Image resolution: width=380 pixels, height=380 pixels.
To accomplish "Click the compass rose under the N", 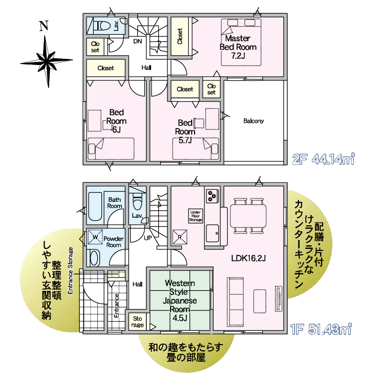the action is (47, 61).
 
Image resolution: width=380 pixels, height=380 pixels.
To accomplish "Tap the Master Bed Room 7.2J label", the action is (238, 47).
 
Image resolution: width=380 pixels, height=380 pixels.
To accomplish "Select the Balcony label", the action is (254, 121).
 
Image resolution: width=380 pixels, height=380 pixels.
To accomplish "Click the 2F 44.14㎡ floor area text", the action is (324, 159).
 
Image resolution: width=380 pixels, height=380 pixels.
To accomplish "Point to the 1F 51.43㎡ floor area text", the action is (321, 329).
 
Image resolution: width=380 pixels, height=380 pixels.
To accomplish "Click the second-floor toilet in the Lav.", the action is (102, 25).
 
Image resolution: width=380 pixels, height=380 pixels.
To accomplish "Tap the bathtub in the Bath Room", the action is (95, 206).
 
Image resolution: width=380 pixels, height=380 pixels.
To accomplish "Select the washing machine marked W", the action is (95, 237).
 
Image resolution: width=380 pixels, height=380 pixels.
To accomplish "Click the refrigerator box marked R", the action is (180, 237).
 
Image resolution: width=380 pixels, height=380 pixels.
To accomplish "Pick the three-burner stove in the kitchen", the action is (212, 196).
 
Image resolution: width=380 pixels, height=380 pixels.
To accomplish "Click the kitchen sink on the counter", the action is (213, 233).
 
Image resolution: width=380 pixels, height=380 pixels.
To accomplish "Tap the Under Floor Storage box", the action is (195, 216).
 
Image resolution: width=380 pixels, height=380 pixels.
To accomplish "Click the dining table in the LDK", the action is (248, 216).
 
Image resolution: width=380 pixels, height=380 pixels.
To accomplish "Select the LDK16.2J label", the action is (248, 258).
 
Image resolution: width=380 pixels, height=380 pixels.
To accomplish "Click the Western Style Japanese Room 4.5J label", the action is (180, 301).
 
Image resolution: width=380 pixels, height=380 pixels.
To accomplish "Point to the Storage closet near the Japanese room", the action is (137, 322).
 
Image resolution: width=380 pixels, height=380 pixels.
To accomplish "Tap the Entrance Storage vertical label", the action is (70, 271).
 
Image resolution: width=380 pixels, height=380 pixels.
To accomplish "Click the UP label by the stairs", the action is (148, 238).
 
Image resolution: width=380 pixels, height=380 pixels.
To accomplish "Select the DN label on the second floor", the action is (138, 41).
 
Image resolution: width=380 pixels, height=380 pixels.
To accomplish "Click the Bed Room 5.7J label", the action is (185, 131).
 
